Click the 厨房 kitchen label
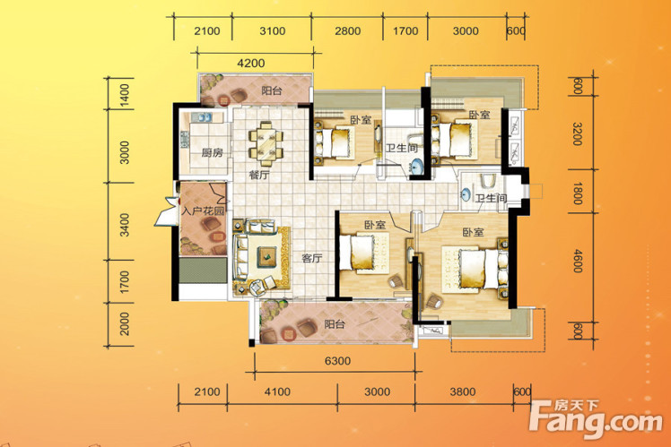click(213, 152)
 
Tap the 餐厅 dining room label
click(259, 176)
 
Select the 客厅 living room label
click(312, 258)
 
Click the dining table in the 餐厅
click(266, 143)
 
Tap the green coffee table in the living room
click(266, 257)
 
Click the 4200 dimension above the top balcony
click(251, 64)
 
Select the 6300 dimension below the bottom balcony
click(337, 361)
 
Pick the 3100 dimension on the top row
click(273, 31)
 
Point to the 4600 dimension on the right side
click(578, 261)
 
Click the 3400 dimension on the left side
click(124, 225)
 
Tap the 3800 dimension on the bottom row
click(462, 391)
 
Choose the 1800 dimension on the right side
click(578, 193)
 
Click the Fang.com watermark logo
click(596, 419)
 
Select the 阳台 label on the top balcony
click(272, 90)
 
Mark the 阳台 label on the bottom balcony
click(335, 324)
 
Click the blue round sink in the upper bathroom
click(417, 166)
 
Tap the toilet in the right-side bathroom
click(486, 180)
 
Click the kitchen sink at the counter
click(204, 116)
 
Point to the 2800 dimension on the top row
click(347, 31)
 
